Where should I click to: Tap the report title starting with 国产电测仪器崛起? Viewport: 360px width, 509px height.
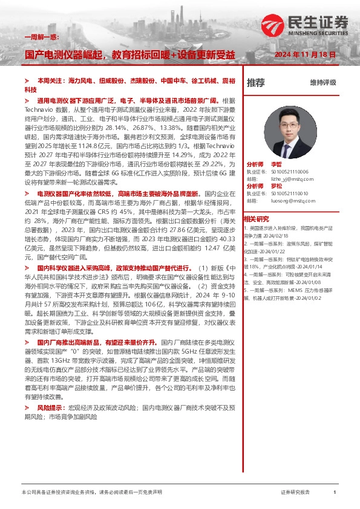coord(129,54)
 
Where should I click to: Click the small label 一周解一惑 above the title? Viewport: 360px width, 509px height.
coord(38,37)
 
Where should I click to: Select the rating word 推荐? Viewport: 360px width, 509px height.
coord(255,82)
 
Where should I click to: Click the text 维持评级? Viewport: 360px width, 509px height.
coord(322,83)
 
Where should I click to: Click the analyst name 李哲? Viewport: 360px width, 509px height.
coord(277,164)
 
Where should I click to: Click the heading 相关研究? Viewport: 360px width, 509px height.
coord(256,219)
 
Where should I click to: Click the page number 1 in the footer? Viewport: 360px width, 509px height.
coord(334,493)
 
